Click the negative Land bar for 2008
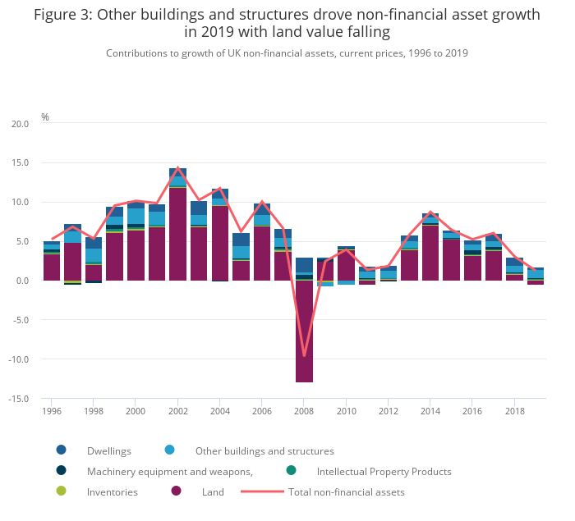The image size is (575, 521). coord(304,331)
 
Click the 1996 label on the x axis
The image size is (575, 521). coord(52,411)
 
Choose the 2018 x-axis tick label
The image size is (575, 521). coord(514,411)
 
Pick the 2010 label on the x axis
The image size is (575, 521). coord(346,411)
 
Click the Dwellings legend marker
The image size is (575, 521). coord(62,450)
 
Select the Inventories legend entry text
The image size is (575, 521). coord(113,492)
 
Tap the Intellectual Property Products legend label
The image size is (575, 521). coord(384,472)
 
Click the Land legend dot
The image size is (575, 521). coord(176,492)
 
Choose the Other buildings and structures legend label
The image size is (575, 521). coord(264,450)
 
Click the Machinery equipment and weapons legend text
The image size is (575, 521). coord(169,472)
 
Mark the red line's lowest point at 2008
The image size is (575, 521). coord(304,355)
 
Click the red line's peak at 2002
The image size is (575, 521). coord(177,168)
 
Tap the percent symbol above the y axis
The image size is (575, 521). coord(45,117)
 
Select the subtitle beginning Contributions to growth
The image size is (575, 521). coord(287,53)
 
